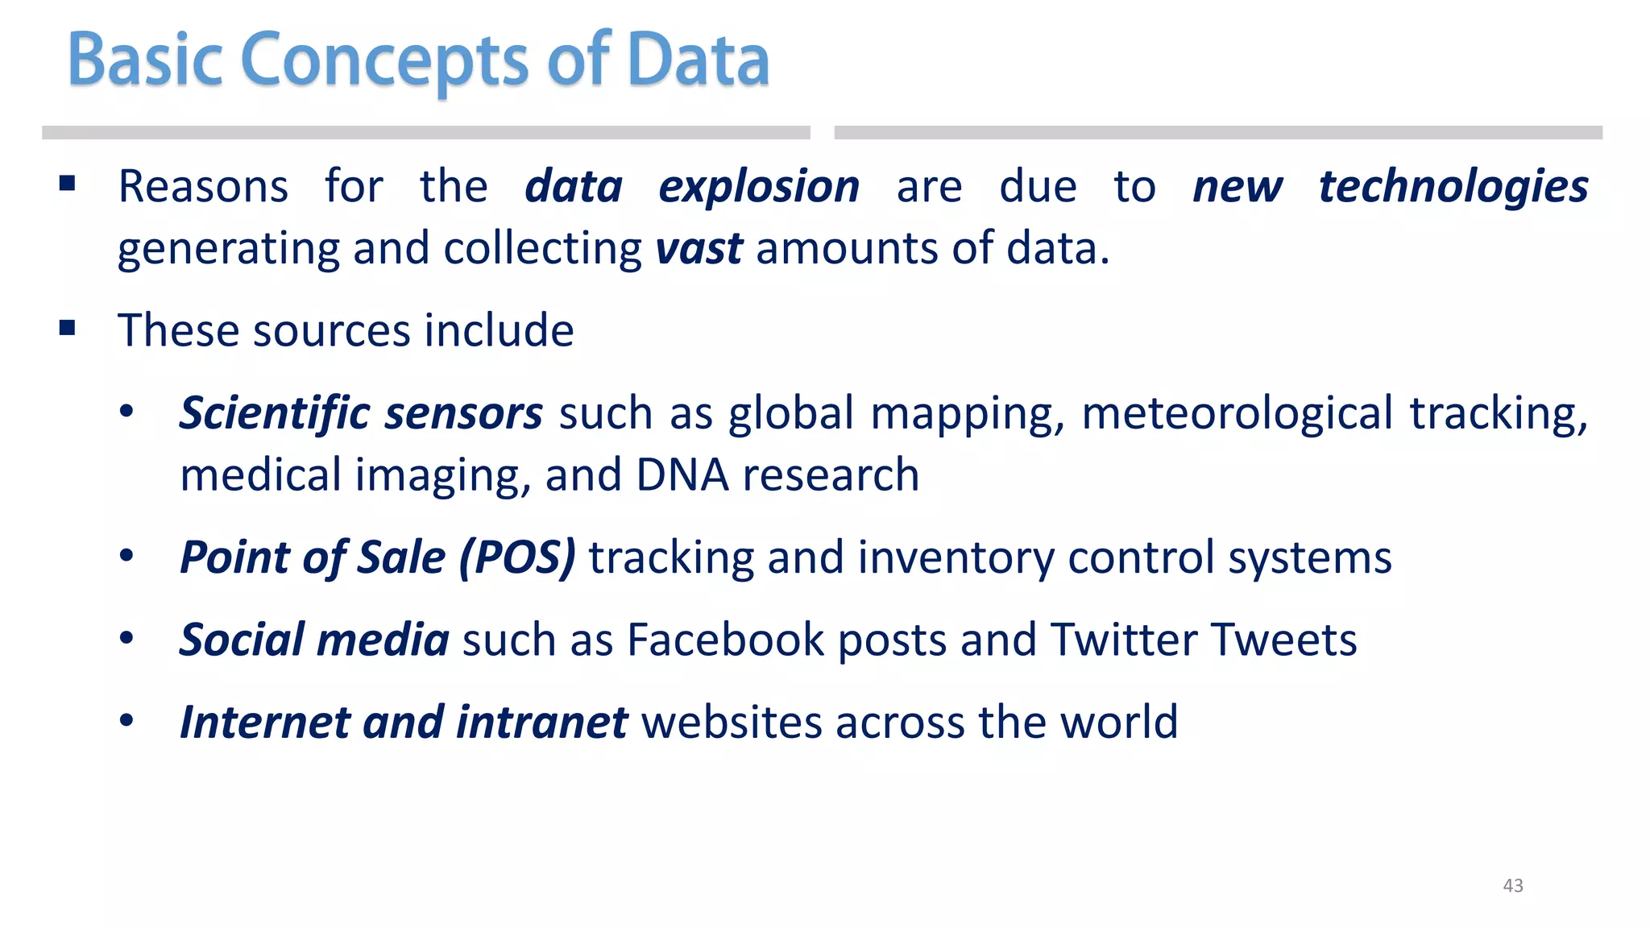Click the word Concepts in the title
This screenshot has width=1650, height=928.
tap(384, 61)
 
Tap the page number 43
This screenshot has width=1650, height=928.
tap(1513, 885)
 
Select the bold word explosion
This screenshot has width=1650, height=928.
tap(759, 187)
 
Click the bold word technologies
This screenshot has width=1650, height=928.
tap(1453, 187)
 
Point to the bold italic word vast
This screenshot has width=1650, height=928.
tap(699, 248)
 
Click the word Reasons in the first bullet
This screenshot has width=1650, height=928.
tap(203, 187)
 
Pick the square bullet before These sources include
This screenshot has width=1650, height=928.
tap(68, 328)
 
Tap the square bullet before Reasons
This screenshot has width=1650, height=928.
tap(68, 184)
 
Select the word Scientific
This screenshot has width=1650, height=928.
tap(274, 413)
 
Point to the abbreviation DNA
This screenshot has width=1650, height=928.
tap(682, 474)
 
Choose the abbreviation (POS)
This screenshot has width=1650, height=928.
tap(517, 557)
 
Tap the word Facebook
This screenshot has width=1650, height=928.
tap(725, 640)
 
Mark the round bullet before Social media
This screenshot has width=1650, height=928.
tap(126, 639)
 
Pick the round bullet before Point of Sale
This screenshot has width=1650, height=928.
tap(126, 557)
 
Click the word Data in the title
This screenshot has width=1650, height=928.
tap(698, 61)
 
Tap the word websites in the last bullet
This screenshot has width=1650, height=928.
tap(731, 722)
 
